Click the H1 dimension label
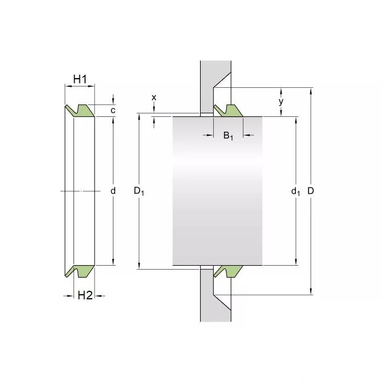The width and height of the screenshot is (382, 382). pyautogui.click(x=80, y=79)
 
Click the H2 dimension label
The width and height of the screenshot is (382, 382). pyautogui.click(x=85, y=295)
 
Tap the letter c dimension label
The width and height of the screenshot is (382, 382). pyautogui.click(x=113, y=111)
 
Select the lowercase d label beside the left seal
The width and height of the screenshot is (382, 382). pyautogui.click(x=113, y=191)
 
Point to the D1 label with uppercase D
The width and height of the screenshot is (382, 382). pyautogui.click(x=139, y=191)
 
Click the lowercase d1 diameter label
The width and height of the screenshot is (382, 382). pyautogui.click(x=295, y=192)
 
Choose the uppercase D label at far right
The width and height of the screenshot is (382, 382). pyautogui.click(x=311, y=191)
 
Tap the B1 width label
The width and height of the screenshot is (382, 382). pyautogui.click(x=228, y=136)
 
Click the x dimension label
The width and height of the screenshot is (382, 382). pyautogui.click(x=154, y=97)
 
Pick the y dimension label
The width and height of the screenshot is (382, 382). pyautogui.click(x=281, y=101)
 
